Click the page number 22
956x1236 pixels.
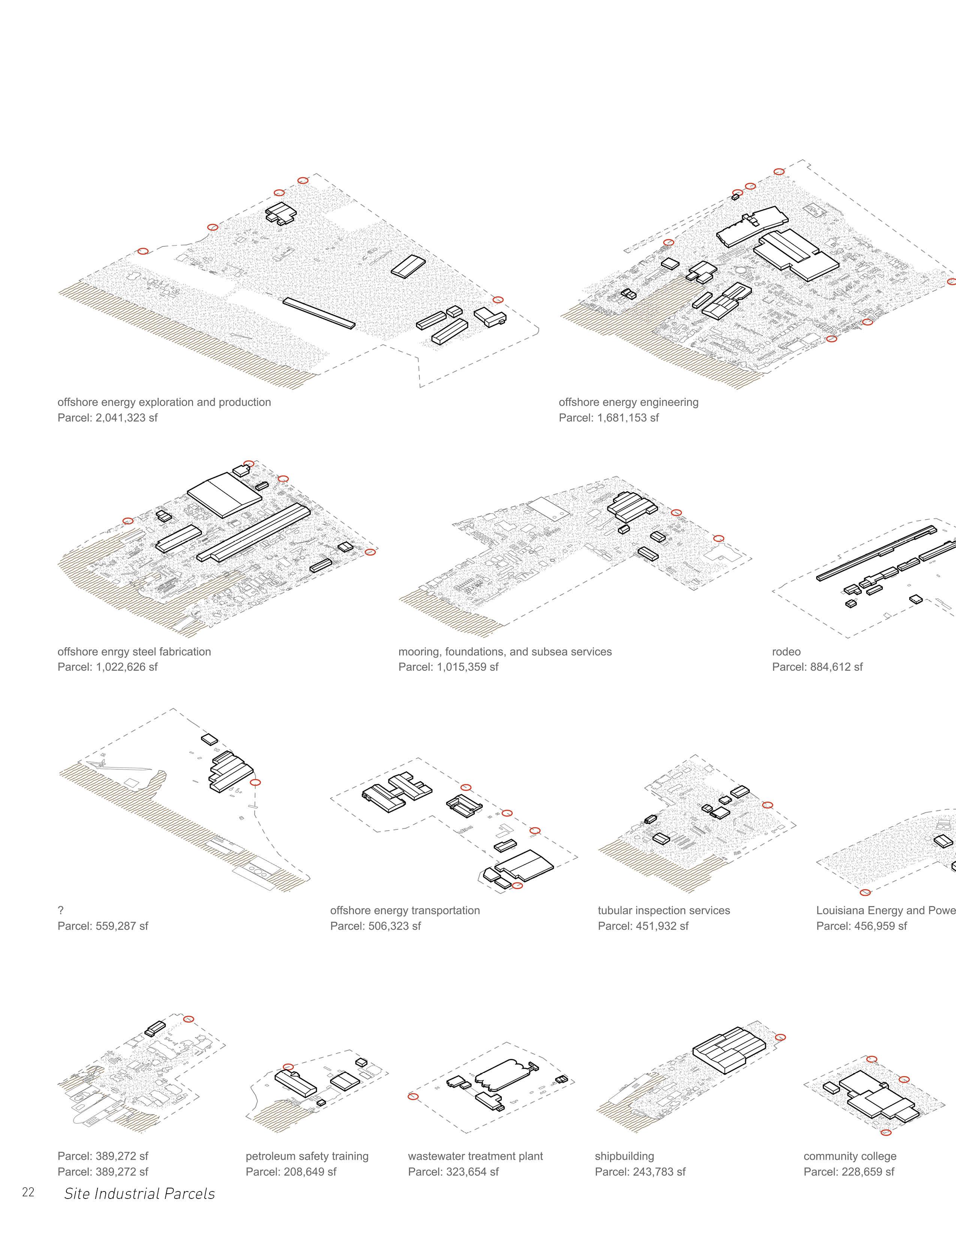[28, 1193]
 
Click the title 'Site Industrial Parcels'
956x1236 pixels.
[139, 1194]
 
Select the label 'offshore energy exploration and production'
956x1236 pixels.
[164, 402]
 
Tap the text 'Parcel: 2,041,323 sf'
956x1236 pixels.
[108, 418]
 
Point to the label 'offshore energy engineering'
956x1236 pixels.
[629, 402]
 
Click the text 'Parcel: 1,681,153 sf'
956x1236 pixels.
[609, 418]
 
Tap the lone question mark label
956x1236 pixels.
[61, 910]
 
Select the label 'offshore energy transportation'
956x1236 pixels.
[405, 910]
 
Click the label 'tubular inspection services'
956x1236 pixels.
[664, 910]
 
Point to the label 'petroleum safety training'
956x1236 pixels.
[307, 1156]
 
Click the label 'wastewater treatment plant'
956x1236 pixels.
[475, 1156]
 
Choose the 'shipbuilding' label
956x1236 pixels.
[624, 1156]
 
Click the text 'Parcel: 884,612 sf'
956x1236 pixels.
[817, 667]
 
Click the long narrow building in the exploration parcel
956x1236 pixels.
[319, 313]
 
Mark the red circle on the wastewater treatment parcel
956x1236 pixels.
[413, 1097]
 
